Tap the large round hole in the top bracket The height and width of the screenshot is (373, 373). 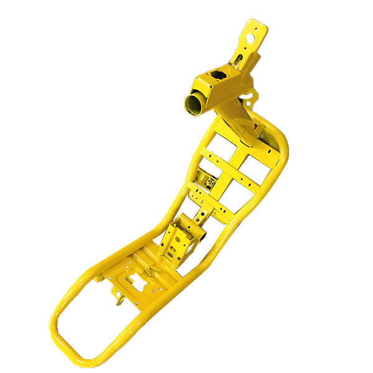pyautogui.click(x=251, y=35)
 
